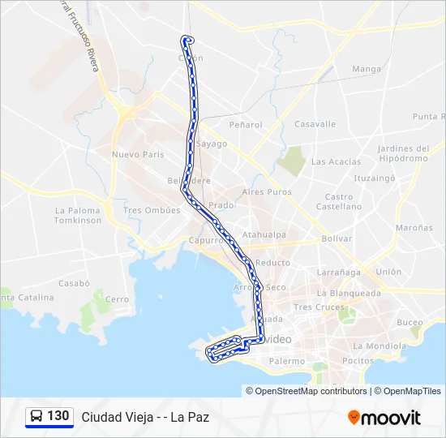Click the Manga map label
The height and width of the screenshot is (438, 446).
pos(367,69)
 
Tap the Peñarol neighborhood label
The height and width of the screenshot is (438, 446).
pos(246,125)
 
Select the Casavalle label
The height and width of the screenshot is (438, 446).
pos(315,124)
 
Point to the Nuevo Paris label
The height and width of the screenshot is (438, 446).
pos(138,155)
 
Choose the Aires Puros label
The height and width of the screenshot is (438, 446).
pos(266,192)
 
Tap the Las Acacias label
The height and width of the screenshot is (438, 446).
pos(336,161)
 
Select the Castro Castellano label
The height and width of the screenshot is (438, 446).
pos(339,201)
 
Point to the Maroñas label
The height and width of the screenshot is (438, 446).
pos(414,228)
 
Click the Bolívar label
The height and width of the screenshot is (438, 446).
pos(337,238)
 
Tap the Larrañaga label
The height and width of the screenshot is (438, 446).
pos(338,272)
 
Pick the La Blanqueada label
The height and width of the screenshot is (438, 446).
pos(349,293)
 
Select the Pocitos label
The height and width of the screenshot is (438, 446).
pos(358,360)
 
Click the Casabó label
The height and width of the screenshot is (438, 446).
pos(73,284)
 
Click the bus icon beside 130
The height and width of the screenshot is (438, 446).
pos(36,417)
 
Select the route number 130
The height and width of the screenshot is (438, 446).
pos(58,416)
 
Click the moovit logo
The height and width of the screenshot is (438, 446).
pos(384,418)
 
